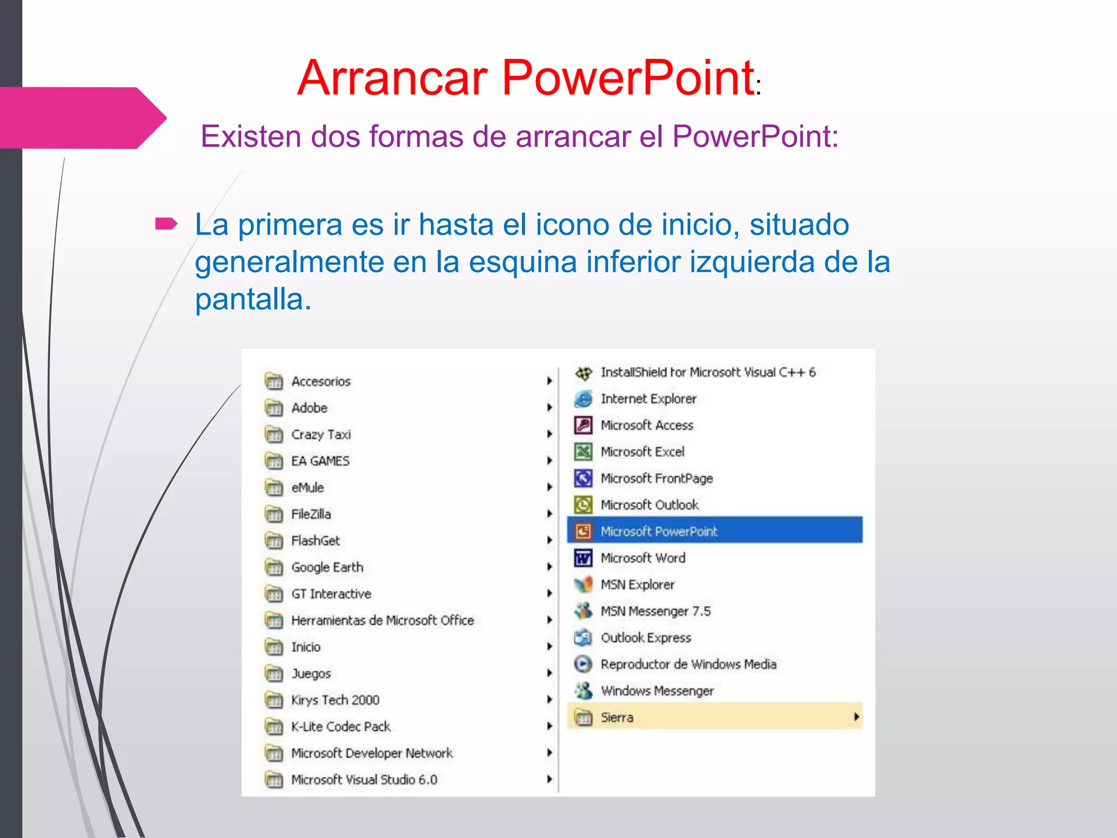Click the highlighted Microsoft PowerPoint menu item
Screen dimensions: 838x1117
pyautogui.click(x=659, y=531)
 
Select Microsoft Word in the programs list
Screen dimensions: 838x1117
pyautogui.click(x=642, y=558)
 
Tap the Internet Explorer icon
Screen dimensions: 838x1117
pyautogui.click(x=583, y=399)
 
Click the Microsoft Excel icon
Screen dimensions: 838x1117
pyautogui.click(x=583, y=452)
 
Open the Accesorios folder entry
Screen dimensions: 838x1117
pyautogui.click(x=321, y=381)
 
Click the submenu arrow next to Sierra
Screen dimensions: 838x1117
pyautogui.click(x=856, y=717)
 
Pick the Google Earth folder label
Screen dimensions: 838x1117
pyautogui.click(x=327, y=567)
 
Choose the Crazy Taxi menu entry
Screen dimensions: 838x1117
pyautogui.click(x=321, y=434)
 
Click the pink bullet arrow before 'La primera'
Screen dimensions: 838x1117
pyautogui.click(x=166, y=224)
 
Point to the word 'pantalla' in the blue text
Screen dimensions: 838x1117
pyautogui.click(x=253, y=300)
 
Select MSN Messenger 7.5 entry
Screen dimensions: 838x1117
pyautogui.click(x=655, y=611)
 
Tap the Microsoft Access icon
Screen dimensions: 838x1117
pyautogui.click(x=583, y=425)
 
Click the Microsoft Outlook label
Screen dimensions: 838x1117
pyautogui.click(x=649, y=505)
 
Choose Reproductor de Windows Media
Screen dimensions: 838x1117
pyautogui.click(x=688, y=664)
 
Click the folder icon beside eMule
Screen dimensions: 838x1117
pyautogui.click(x=274, y=487)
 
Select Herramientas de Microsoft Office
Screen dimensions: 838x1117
pyautogui.click(x=382, y=620)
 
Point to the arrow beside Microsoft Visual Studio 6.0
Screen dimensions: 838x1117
pyautogui.click(x=550, y=779)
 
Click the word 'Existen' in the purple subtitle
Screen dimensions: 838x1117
pyautogui.click(x=250, y=136)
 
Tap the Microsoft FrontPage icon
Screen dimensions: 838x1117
pyautogui.click(x=583, y=478)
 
